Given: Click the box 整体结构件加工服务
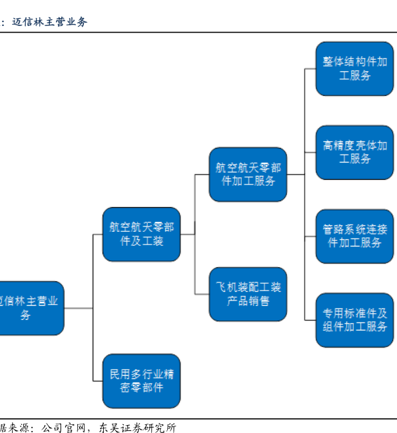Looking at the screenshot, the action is [354, 69].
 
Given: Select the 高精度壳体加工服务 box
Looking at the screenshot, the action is [354, 153].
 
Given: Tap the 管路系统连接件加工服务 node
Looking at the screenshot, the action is [354, 236].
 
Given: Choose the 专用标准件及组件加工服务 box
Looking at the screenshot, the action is [354, 320].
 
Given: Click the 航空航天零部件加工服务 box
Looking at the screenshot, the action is [248, 175].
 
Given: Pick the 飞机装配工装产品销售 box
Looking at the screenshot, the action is [248, 294].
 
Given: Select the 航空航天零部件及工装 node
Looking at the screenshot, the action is [141, 234].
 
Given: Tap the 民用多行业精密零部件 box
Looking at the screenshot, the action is [141, 381].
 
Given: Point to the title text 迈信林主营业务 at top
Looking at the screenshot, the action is [50, 22].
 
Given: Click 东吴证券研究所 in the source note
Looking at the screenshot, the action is [137, 428].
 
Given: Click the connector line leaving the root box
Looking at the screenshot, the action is [79, 308].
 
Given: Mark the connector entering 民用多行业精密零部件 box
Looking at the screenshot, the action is [98, 381].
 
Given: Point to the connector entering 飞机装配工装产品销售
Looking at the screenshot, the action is [202, 294].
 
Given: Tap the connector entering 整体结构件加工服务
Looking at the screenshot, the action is [310, 69].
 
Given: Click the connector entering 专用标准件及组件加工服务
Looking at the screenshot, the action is [310, 320].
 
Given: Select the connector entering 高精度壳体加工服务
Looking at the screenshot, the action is [310, 153].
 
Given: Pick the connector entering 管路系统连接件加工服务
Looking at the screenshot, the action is [310, 236].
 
